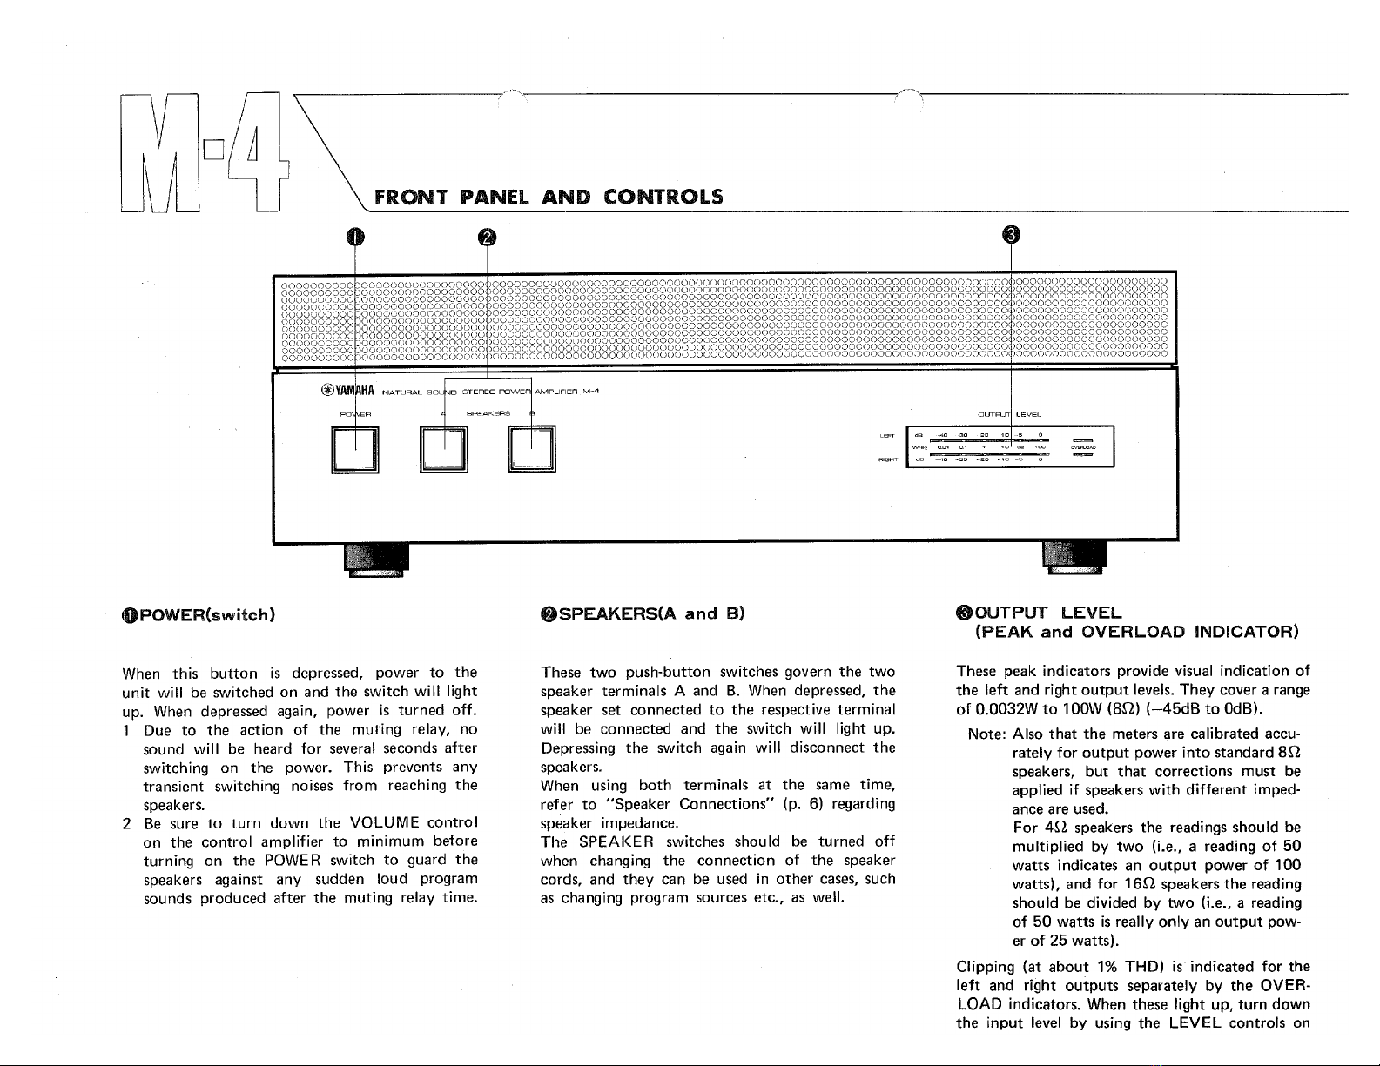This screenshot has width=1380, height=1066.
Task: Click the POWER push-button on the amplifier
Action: tap(355, 450)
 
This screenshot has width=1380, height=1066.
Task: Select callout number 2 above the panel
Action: tap(487, 237)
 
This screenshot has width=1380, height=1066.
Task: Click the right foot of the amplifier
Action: tap(1074, 558)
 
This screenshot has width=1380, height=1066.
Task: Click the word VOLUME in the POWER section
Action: tap(386, 822)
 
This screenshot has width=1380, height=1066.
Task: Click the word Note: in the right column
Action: tap(986, 734)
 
